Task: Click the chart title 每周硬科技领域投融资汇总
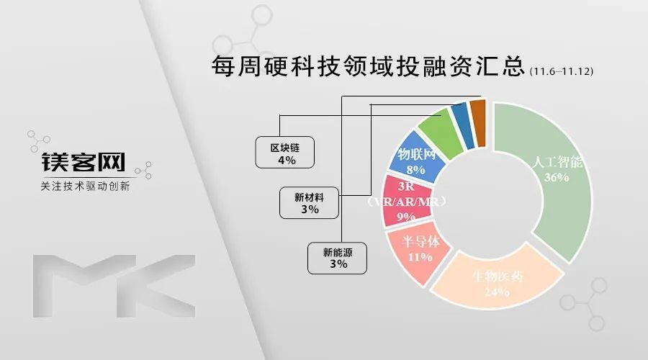pyautogui.click(x=368, y=66)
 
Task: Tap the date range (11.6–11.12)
pyautogui.click(x=562, y=71)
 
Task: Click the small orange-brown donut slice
pyautogui.click(x=478, y=122)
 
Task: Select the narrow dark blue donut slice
pyautogui.click(x=463, y=125)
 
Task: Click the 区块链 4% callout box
pyautogui.click(x=284, y=153)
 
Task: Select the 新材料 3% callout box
pyautogui.click(x=309, y=202)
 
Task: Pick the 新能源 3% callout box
pyautogui.click(x=337, y=258)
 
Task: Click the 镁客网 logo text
pyautogui.click(x=83, y=161)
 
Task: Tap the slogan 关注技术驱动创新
pyautogui.click(x=85, y=186)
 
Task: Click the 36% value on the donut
pyautogui.click(x=557, y=177)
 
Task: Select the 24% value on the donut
pyautogui.click(x=497, y=292)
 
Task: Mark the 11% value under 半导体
pyautogui.click(x=420, y=257)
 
